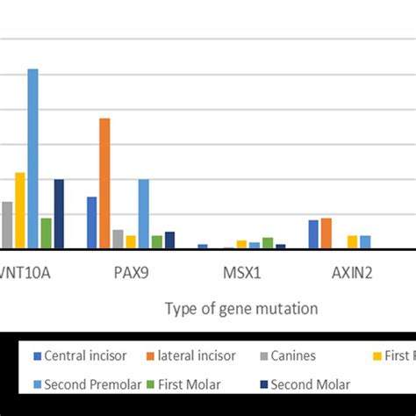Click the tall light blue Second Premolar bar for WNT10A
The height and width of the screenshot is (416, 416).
[x=32, y=159]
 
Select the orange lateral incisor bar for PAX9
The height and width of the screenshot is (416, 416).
[x=104, y=183]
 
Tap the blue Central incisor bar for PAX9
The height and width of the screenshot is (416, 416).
[x=91, y=223]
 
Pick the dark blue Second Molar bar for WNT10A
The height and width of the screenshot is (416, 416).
[x=59, y=214]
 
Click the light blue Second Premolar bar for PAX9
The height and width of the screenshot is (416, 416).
[x=143, y=214]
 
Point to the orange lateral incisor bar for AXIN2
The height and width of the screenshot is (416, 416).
[x=326, y=233]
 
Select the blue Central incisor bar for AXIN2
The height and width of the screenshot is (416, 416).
[x=313, y=234]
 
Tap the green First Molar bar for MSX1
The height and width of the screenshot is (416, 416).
[x=268, y=243]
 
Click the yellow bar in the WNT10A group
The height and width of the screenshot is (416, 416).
[x=19, y=211]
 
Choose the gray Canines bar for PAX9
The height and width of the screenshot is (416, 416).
[x=118, y=240]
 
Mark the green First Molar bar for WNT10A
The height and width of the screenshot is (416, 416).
[x=46, y=233]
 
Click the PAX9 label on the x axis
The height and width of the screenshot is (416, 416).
[x=131, y=272]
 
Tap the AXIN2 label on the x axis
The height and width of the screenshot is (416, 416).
[x=352, y=272]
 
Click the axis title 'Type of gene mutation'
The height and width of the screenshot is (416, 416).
[x=241, y=309]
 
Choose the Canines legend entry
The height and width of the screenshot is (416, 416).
[x=290, y=355]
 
